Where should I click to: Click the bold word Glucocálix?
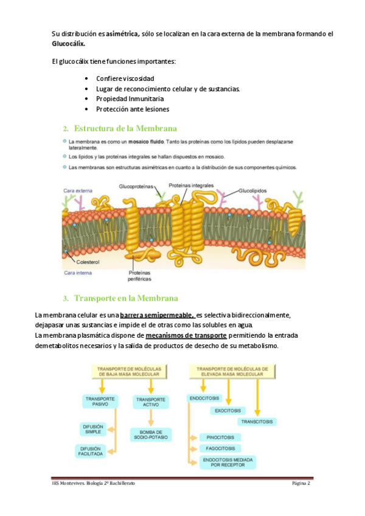pyautogui.click(x=68, y=44)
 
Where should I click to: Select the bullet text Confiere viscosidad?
pyautogui.click(x=125, y=78)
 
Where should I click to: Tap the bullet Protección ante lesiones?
pyautogui.click(x=132, y=109)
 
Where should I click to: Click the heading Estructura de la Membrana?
pyautogui.click(x=125, y=128)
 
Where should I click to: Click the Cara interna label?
pyautogui.click(x=78, y=273)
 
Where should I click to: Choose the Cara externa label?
pyautogui.click(x=77, y=190)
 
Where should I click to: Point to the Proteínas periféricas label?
pyautogui.click(x=140, y=276)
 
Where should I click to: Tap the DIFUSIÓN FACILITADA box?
pyautogui.click(x=89, y=451)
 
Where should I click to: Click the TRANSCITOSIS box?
pyautogui.click(x=257, y=421)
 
